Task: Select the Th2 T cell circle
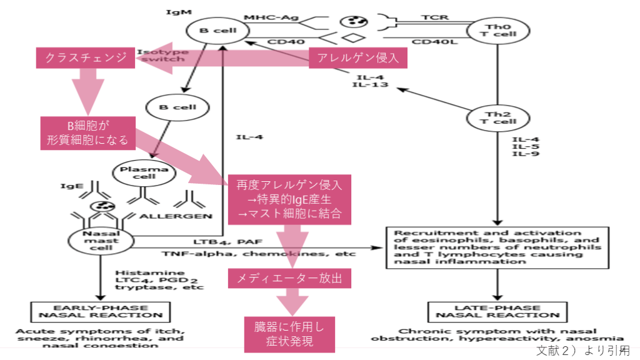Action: [497, 117]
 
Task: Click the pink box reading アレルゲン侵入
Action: [358, 59]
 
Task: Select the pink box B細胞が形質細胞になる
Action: [87, 132]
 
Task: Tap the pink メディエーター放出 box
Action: [288, 277]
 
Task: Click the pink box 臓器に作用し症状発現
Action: [288, 333]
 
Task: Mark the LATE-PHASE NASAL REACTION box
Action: [497, 311]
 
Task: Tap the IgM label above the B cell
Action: [174, 11]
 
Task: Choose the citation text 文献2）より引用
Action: [582, 350]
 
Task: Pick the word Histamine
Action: [141, 273]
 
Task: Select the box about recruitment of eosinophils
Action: [497, 246]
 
